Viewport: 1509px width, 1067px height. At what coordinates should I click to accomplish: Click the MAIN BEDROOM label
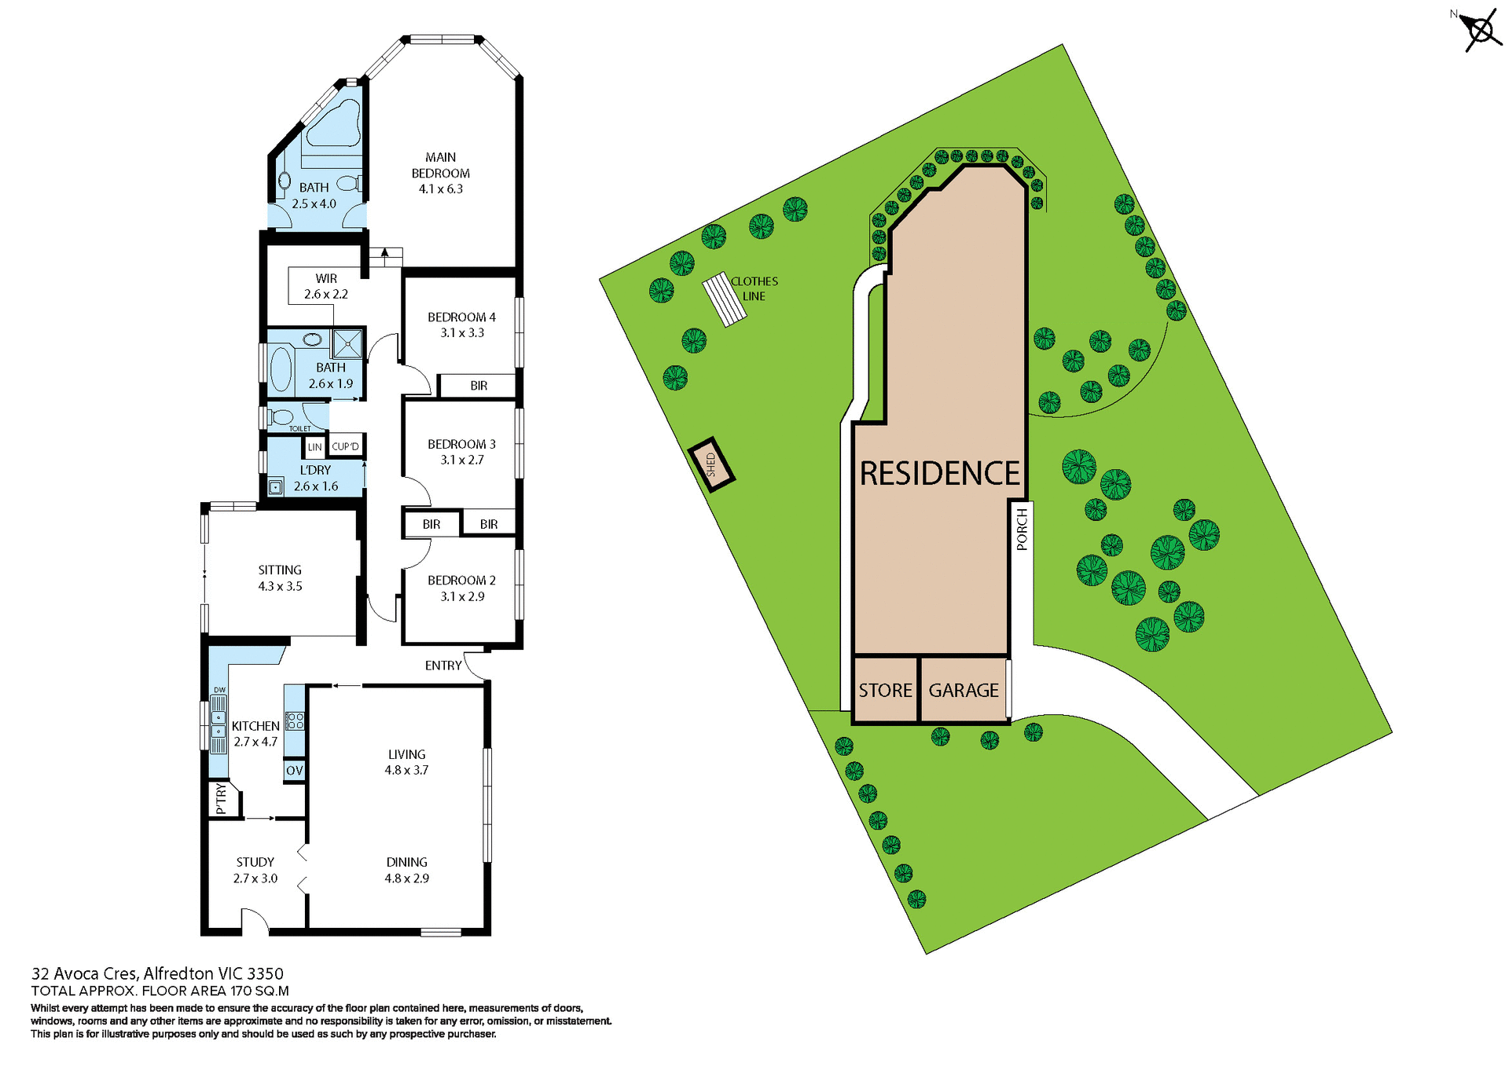pyautogui.click(x=440, y=165)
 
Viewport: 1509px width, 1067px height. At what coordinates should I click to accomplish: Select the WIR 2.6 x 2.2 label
pyautogui.click(x=326, y=287)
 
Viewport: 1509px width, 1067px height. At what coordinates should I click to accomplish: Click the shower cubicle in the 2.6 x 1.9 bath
pyautogui.click(x=347, y=344)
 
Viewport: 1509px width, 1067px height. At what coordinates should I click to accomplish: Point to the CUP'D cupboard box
pyautogui.click(x=346, y=446)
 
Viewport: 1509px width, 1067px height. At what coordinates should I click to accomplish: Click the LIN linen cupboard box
pyautogui.click(x=314, y=447)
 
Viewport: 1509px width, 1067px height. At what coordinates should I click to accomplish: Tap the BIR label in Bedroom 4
pyautogui.click(x=479, y=386)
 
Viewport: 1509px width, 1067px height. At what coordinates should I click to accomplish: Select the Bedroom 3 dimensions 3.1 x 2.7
pyautogui.click(x=462, y=460)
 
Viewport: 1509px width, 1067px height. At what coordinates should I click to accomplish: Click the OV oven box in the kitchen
pyautogui.click(x=294, y=771)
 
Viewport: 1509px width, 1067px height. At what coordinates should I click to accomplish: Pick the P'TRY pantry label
pyautogui.click(x=221, y=798)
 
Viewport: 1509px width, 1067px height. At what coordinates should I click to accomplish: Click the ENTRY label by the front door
pyautogui.click(x=443, y=665)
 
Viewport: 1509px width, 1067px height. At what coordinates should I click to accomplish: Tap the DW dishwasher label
pyautogui.click(x=219, y=690)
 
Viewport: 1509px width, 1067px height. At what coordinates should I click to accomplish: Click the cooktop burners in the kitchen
pyautogui.click(x=295, y=720)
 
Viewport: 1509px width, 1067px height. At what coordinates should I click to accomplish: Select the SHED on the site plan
pyautogui.click(x=711, y=464)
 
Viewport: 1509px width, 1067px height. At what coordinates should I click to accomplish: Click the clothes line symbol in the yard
pyautogui.click(x=724, y=299)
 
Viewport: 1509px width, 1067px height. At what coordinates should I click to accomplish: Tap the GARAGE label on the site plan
pyautogui.click(x=964, y=690)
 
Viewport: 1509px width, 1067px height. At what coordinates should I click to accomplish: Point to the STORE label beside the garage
pyautogui.click(x=885, y=690)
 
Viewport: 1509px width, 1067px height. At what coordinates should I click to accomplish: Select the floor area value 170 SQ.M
pyautogui.click(x=259, y=991)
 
